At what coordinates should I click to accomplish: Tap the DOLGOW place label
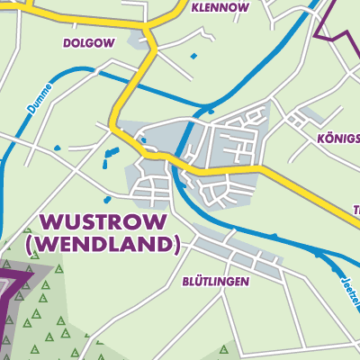(x=89, y=42)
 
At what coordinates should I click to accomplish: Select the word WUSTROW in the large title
(x=101, y=222)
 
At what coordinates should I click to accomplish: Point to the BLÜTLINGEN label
(x=215, y=281)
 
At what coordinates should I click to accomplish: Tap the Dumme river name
(x=40, y=95)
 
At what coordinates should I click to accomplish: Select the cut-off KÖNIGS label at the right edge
(x=337, y=139)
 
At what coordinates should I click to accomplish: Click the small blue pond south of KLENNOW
(x=193, y=56)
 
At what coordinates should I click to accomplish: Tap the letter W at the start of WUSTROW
(x=49, y=222)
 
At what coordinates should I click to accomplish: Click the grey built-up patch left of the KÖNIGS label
(x=310, y=116)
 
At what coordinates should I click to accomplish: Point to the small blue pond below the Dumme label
(x=57, y=148)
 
